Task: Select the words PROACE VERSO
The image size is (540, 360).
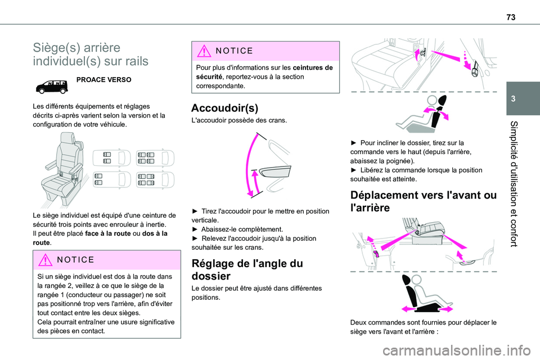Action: click(104, 80)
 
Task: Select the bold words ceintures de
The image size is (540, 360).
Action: click(312, 67)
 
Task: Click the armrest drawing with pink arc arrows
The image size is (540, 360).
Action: click(265, 166)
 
